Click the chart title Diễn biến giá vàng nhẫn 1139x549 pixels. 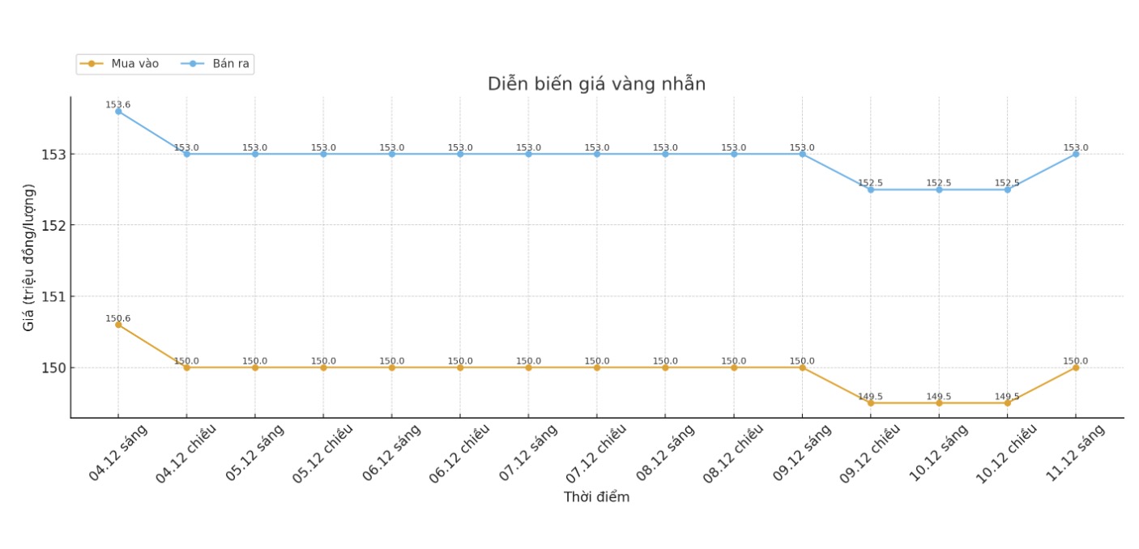click(596, 84)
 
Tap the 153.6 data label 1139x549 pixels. click(117, 104)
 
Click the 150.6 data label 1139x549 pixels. click(117, 318)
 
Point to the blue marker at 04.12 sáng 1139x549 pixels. click(118, 112)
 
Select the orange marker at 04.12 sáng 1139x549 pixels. click(118, 325)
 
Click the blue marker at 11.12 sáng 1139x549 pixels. click(1076, 154)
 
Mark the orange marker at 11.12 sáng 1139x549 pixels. click(1076, 368)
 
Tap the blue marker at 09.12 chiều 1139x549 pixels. click(871, 189)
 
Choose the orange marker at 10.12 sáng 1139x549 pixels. click(939, 402)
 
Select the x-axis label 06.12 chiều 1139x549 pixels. click(457, 454)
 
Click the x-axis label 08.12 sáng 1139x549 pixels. click(665, 453)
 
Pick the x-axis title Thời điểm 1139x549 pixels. click(596, 497)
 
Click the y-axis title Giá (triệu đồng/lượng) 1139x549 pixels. click(29, 257)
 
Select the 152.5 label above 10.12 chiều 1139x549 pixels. click(1007, 183)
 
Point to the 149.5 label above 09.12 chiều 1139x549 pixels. click(870, 397)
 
